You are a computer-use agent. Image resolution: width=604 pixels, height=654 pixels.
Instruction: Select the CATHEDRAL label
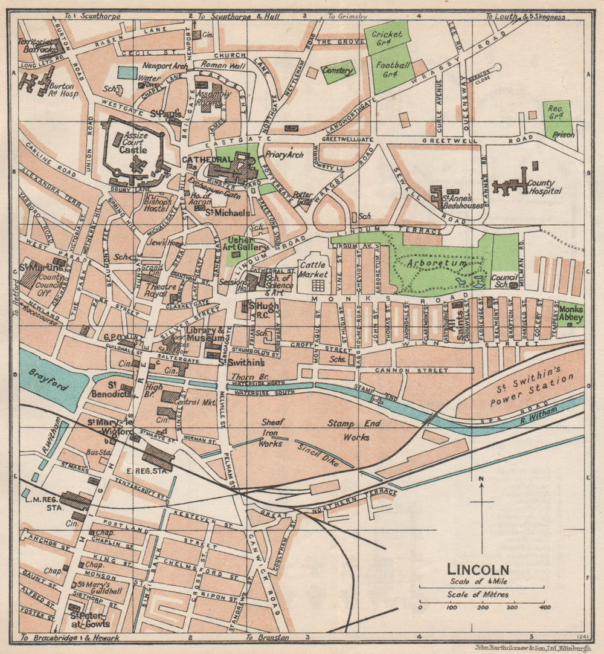(x=198, y=160)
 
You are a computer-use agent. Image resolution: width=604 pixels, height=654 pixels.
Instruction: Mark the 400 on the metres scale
(x=545, y=607)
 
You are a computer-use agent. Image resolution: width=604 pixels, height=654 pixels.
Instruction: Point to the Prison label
(x=563, y=135)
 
